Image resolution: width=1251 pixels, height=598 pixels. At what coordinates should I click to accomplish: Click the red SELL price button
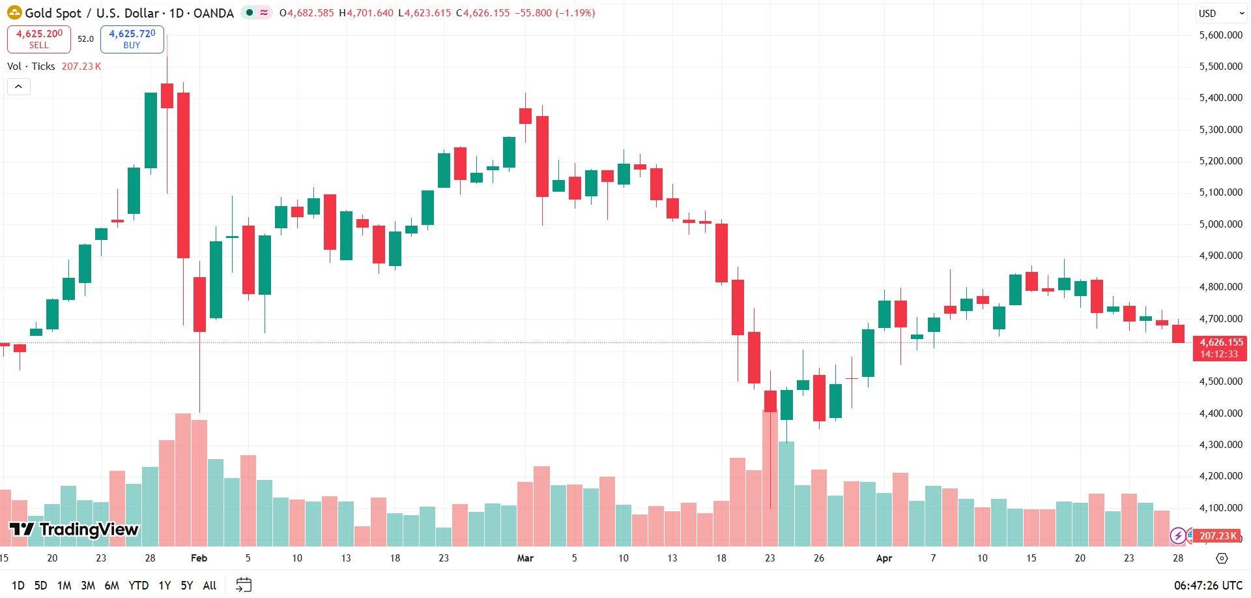(x=39, y=39)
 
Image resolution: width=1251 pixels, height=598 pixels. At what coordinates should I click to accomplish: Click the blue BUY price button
(x=132, y=39)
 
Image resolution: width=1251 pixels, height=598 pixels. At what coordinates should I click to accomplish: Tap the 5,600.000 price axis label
(x=1220, y=35)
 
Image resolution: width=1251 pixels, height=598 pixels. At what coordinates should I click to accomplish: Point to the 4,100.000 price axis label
(x=1220, y=507)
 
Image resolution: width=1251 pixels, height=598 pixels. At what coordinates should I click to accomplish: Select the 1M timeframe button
(x=64, y=586)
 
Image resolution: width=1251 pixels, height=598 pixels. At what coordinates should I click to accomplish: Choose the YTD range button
(x=138, y=586)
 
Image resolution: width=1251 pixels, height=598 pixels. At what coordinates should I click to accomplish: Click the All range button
(x=210, y=586)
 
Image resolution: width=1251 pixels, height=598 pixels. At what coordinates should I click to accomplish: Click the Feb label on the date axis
(x=199, y=558)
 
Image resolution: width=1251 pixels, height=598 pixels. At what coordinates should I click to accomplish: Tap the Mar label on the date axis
(x=525, y=558)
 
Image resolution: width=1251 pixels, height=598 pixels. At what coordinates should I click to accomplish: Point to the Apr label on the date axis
(x=884, y=558)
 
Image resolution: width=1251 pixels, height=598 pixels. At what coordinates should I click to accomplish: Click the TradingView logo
(x=74, y=530)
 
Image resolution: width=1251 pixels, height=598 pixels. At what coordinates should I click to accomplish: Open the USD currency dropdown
(x=1221, y=13)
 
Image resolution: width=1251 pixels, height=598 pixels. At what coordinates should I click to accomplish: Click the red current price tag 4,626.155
(x=1219, y=348)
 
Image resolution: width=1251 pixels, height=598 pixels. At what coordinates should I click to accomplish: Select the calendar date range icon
(x=244, y=585)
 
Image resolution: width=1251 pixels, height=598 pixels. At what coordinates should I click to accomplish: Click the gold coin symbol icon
(x=14, y=12)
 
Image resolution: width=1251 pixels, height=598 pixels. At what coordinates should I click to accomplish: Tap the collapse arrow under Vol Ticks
(x=19, y=87)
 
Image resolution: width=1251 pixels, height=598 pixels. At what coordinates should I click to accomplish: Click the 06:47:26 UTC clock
(x=1208, y=586)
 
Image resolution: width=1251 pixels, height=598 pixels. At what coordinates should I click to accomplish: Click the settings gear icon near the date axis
(x=1222, y=558)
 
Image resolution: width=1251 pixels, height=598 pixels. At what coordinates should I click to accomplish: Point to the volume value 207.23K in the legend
(x=81, y=67)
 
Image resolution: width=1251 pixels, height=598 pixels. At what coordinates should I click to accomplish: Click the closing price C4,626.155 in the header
(x=483, y=13)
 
